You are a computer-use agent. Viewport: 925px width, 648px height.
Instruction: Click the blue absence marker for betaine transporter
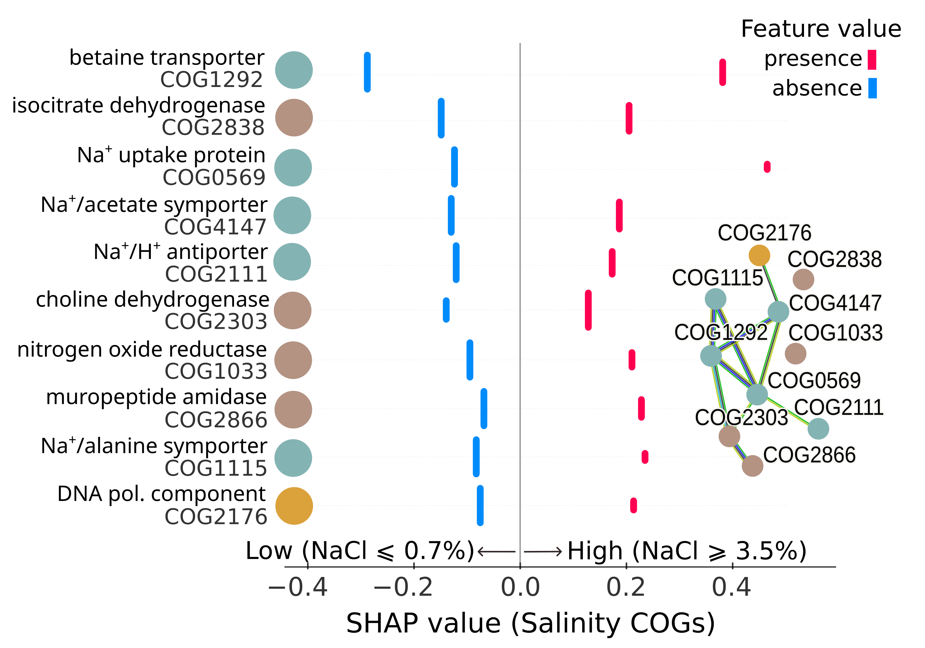(367, 72)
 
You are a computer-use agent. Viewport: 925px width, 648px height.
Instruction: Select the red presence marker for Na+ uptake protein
(767, 167)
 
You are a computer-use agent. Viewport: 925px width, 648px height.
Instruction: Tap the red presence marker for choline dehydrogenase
(588, 310)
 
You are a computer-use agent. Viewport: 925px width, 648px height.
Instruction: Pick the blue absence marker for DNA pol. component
(480, 505)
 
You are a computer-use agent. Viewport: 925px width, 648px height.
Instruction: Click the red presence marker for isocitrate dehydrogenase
(629, 118)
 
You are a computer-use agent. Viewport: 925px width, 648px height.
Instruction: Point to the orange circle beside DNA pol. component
(294, 506)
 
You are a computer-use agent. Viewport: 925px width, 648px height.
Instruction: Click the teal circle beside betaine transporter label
(294, 70)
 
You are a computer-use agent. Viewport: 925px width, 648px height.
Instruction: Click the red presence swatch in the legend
(872, 60)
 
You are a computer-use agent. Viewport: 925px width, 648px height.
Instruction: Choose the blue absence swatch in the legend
(872, 88)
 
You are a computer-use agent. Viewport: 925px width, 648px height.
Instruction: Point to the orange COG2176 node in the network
(759, 255)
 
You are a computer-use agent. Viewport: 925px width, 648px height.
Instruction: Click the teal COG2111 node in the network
(818, 428)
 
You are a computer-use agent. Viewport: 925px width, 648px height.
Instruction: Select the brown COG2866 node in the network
(753, 466)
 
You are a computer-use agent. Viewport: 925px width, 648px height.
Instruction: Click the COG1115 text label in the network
(717, 278)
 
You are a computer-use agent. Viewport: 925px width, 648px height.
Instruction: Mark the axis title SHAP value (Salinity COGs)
(530, 623)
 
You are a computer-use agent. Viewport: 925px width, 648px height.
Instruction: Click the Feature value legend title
(821, 29)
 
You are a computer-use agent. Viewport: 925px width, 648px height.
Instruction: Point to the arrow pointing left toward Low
(496, 551)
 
